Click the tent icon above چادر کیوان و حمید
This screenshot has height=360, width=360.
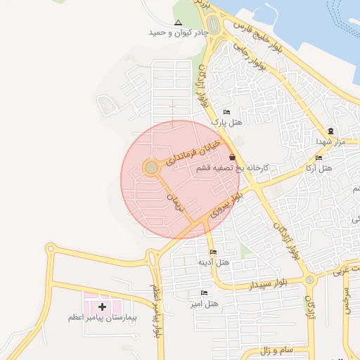(x=177, y=22)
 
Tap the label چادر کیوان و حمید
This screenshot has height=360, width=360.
(x=179, y=32)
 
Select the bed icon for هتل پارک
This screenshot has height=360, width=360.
(x=226, y=112)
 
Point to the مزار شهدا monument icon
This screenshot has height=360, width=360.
(x=330, y=131)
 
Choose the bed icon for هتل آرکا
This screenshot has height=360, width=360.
(x=319, y=158)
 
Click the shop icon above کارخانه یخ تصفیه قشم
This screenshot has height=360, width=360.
(x=233, y=157)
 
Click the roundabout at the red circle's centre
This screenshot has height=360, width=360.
(x=151, y=167)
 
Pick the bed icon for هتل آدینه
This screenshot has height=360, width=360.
(x=213, y=252)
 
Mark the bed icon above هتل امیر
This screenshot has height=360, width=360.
(x=204, y=292)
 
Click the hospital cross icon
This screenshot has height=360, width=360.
(x=103, y=307)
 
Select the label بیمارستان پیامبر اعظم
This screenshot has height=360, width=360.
(x=103, y=319)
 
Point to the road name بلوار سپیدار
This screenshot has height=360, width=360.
(x=251, y=284)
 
